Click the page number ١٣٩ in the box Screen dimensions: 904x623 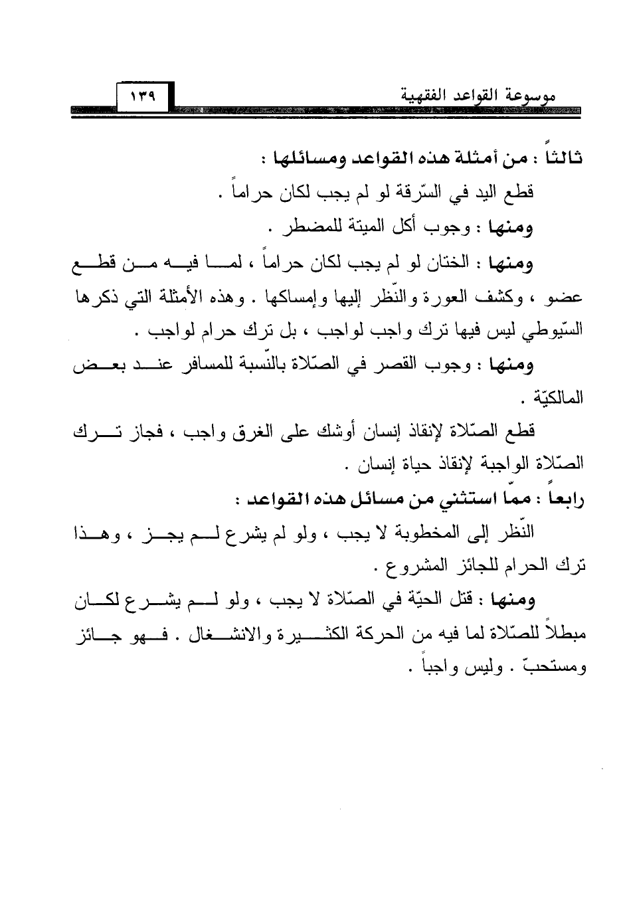tap(143, 97)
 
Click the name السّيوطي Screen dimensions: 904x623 tap(559, 330)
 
